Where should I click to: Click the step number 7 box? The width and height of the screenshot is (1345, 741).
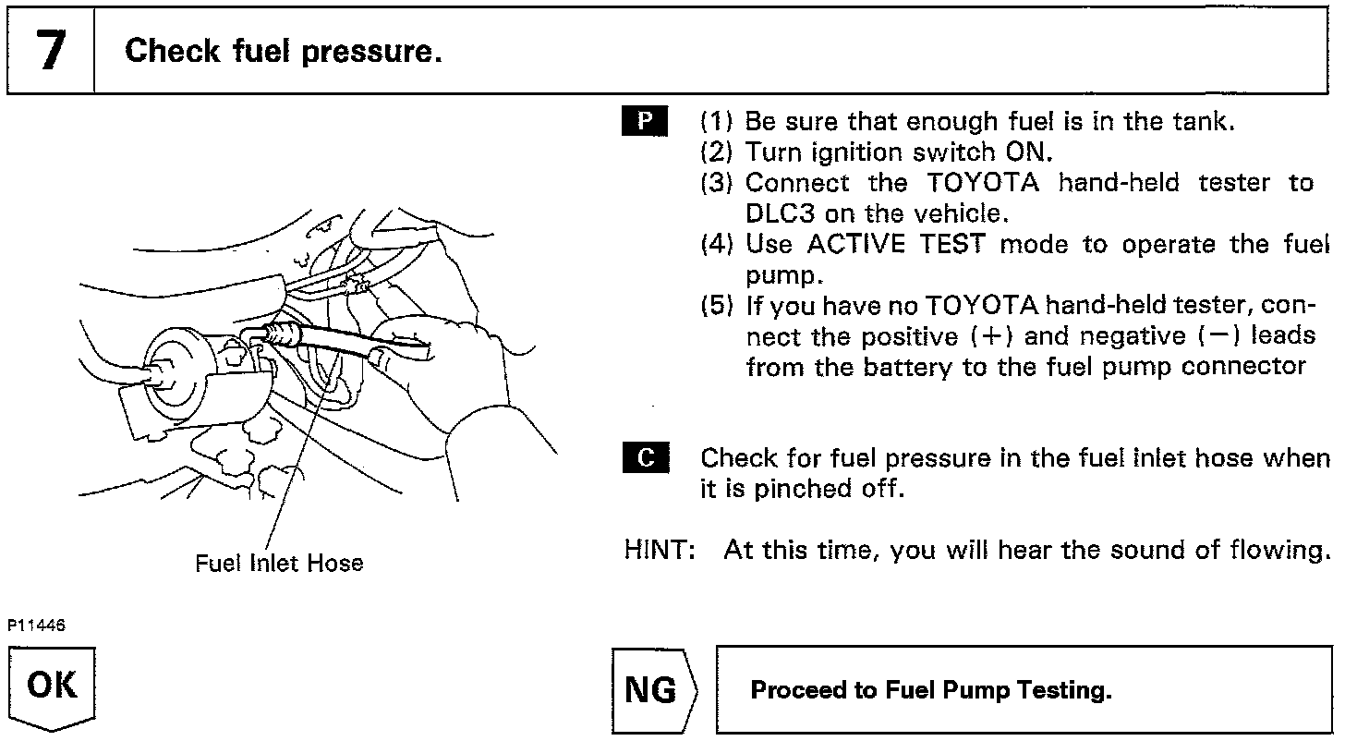pos(52,50)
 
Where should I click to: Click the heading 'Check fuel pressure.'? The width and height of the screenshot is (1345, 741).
pos(283,51)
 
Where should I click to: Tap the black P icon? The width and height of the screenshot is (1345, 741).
pos(647,122)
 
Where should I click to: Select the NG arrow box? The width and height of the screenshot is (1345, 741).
pos(655,690)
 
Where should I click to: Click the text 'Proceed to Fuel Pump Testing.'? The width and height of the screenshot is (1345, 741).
pos(930,690)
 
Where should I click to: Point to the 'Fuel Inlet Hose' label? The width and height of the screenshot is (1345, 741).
pos(279,563)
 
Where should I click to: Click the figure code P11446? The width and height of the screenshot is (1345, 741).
pos(38,626)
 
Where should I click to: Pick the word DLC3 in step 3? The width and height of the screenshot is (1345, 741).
pos(779,213)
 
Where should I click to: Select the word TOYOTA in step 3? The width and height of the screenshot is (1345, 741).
pos(983,183)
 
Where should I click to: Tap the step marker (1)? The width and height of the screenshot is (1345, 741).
pos(717,122)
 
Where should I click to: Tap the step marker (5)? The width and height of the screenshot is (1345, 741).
pos(717,306)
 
